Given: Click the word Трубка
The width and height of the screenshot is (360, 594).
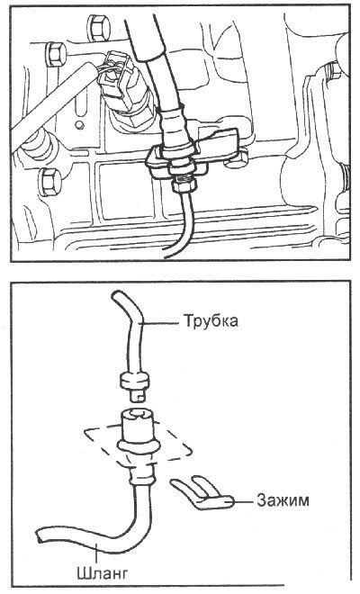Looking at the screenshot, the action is [211, 321].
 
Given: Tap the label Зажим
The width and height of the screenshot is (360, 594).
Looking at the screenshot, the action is [283, 500].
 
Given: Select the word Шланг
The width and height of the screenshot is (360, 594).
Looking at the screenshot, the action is [103, 572].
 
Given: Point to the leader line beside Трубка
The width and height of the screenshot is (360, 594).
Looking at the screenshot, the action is [160, 323].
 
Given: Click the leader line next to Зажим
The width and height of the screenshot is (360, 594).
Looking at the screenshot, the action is [242, 502].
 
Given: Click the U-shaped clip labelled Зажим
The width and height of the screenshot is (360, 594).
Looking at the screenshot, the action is [201, 492].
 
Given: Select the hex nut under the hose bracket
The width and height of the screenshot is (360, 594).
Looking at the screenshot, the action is [184, 185].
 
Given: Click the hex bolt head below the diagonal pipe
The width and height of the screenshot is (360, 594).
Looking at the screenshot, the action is [49, 182].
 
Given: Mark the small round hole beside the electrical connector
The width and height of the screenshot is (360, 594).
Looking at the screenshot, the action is [79, 124].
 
